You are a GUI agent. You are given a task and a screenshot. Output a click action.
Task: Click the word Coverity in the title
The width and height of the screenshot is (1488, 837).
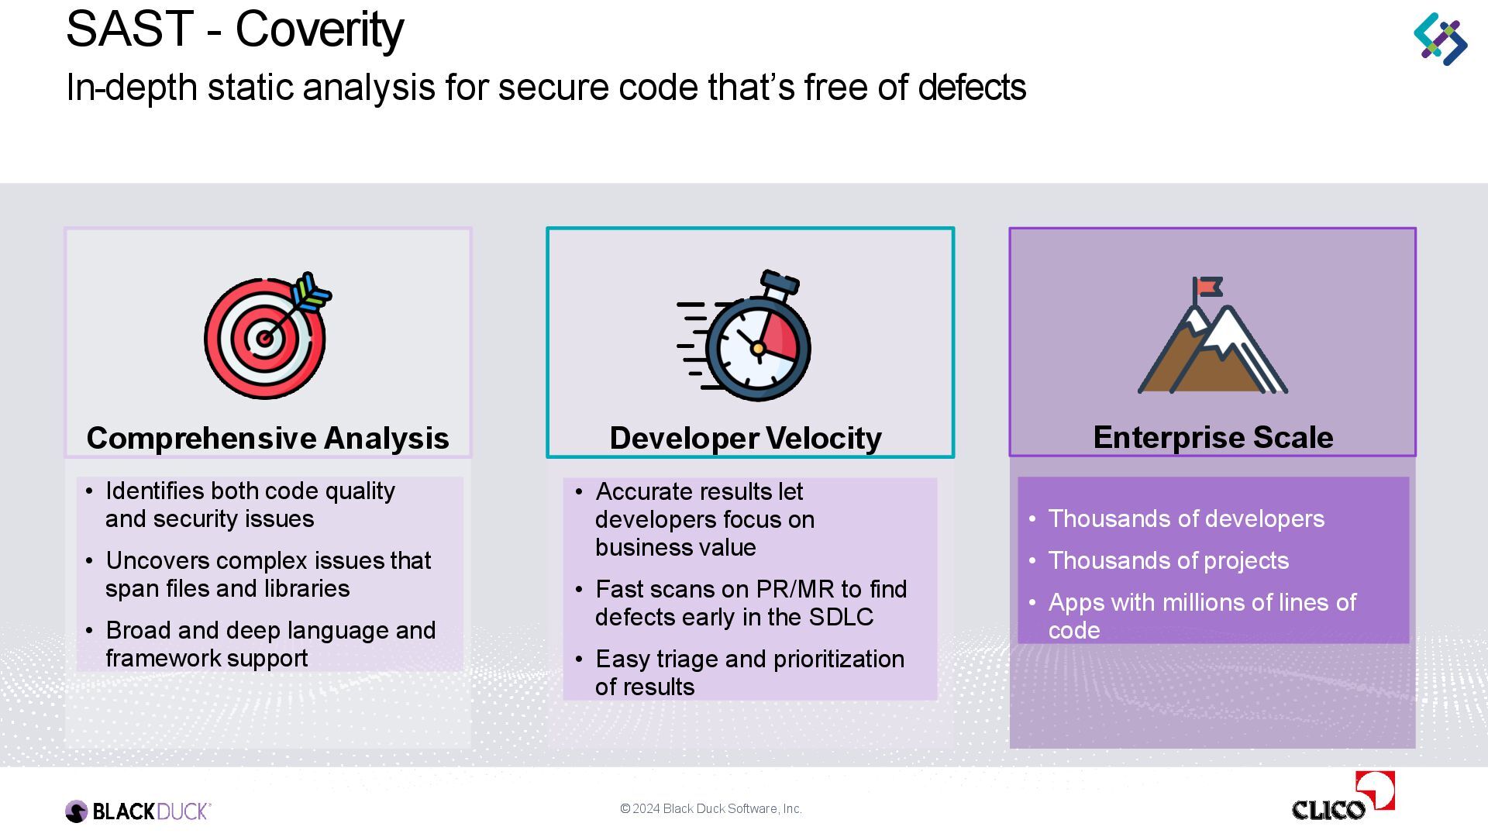(319, 29)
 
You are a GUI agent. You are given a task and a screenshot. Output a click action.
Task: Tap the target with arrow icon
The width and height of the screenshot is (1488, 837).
(266, 337)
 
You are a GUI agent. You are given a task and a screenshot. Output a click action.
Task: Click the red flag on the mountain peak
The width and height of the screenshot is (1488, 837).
(1208, 288)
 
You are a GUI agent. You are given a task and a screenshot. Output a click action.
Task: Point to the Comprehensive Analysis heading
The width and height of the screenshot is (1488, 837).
(267, 438)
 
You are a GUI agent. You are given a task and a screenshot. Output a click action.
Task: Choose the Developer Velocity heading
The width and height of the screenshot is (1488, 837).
(746, 438)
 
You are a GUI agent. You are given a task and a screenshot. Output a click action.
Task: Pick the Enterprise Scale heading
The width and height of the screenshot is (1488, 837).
(1213, 437)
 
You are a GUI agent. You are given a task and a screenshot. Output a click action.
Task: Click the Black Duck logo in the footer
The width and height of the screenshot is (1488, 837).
(138, 811)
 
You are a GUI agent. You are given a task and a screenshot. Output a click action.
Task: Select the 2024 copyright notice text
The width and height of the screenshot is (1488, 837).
(711, 808)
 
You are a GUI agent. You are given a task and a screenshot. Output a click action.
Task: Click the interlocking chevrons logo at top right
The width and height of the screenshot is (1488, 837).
(1440, 39)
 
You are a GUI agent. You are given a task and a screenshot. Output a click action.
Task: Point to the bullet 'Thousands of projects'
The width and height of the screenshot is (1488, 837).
(1168, 560)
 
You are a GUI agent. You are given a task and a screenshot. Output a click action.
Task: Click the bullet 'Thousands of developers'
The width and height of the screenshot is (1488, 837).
(1186, 518)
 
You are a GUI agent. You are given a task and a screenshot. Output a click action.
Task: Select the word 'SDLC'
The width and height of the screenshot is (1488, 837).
(841, 617)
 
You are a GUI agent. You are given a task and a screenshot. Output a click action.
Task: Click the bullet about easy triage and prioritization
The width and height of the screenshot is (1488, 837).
(749, 672)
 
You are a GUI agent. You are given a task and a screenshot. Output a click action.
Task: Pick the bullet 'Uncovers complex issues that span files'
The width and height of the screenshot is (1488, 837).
(267, 574)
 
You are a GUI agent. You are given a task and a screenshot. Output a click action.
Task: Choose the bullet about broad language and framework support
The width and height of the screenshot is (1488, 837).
(270, 644)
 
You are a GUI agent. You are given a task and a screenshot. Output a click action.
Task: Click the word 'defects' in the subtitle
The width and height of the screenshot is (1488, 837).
(972, 87)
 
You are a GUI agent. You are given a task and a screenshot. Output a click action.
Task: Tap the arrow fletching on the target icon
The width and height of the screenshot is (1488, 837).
(312, 293)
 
